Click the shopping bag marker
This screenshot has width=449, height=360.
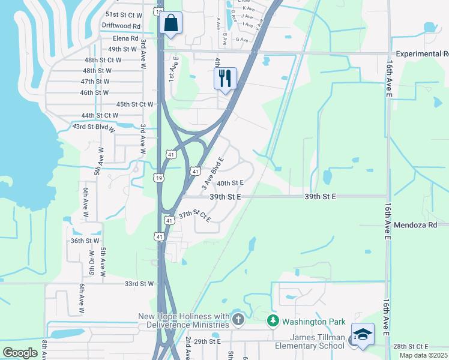tap(172, 24)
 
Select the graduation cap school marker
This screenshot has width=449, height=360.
tap(363, 334)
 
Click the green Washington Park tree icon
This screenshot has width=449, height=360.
tap(273, 321)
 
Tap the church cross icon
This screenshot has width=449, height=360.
tap(238, 319)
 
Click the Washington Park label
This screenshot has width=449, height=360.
tap(309, 321)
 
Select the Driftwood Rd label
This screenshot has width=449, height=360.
tap(121, 26)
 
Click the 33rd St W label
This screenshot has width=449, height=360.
tap(139, 283)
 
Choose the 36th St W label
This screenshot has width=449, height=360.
tap(85, 241)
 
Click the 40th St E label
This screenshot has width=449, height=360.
tap(230, 183)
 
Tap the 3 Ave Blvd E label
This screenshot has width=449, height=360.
tap(212, 170)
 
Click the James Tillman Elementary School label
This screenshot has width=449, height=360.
tap(310, 341)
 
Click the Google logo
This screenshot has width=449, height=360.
tap(20, 352)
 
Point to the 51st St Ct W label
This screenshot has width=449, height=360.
tap(124, 14)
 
